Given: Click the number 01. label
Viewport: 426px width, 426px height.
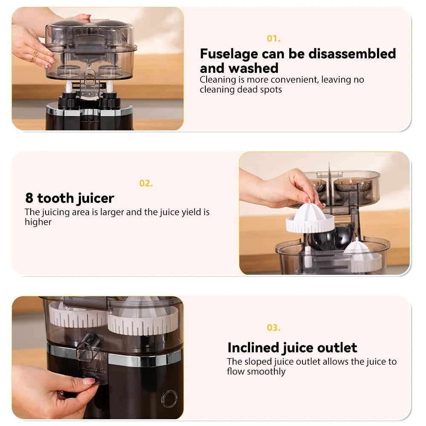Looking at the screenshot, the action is [273, 39].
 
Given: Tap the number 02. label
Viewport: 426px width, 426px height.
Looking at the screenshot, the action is [146, 183].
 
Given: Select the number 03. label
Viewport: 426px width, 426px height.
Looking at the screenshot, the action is [273, 328].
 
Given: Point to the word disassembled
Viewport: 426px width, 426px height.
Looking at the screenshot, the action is [352, 53].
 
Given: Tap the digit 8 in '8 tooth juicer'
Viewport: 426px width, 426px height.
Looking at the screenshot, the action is [29, 198].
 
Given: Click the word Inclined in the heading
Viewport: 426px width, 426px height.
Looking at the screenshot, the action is [253, 348].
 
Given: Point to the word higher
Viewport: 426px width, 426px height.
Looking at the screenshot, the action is [38, 222].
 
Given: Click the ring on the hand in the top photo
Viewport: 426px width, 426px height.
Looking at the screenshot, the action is [35, 58].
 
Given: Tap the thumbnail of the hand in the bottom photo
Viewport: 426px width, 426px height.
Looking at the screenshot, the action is [89, 381].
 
